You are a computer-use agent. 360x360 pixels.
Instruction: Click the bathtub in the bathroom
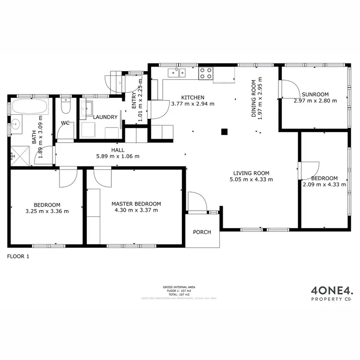coord(29,106)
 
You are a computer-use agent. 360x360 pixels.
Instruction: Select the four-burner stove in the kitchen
coord(206,73)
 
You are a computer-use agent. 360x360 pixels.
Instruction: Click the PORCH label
coord(202,232)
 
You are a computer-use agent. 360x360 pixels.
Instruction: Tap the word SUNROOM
coord(315,94)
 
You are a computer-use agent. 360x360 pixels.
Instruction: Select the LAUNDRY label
coord(105,117)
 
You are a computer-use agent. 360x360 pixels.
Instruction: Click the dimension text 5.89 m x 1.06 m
coord(118,156)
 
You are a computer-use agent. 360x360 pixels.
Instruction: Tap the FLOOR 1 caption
coord(18,256)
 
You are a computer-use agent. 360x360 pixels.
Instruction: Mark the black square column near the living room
coord(224,132)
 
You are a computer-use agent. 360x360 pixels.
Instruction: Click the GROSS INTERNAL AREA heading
coord(179,287)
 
